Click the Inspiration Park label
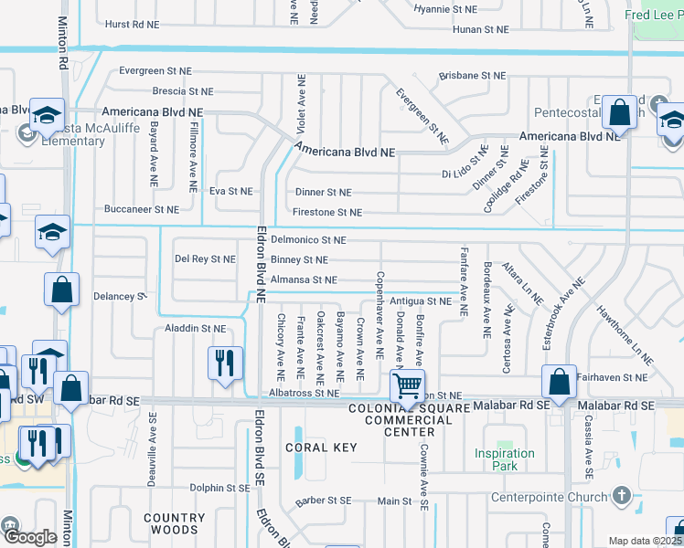(x=504, y=459)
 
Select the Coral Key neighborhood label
(x=319, y=448)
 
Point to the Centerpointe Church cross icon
(x=622, y=496)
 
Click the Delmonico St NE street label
(x=309, y=240)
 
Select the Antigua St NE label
(x=421, y=300)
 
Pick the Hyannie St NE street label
(x=445, y=9)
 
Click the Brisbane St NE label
(x=473, y=76)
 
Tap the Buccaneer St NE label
(x=141, y=209)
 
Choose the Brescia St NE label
(x=182, y=92)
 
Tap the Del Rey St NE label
(x=205, y=259)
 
